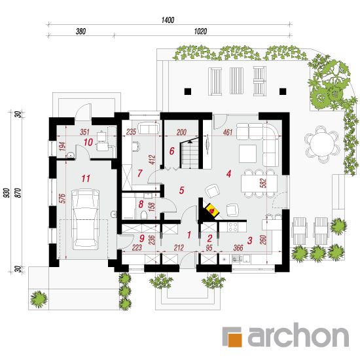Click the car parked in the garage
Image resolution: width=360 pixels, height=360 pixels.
(x=85, y=219)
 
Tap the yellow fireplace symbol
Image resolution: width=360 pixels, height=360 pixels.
(x=212, y=210)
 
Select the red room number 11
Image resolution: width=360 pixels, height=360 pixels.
(x=86, y=179)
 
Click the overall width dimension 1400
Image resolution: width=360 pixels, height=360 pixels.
(x=168, y=20)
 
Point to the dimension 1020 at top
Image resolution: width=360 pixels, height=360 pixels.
(x=200, y=31)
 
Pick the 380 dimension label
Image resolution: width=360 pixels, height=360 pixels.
(x=81, y=31)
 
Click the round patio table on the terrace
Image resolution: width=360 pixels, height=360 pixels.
(x=321, y=144)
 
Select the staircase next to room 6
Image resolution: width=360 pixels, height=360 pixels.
(x=189, y=153)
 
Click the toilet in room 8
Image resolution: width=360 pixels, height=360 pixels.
(x=144, y=215)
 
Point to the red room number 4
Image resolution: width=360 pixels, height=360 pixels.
(x=228, y=174)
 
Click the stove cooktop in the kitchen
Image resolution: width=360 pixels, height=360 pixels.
(x=233, y=226)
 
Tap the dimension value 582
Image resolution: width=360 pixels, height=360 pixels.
(x=263, y=183)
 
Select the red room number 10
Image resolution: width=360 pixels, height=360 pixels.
(x=88, y=142)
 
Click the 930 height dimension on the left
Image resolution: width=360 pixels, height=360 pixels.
(x=7, y=193)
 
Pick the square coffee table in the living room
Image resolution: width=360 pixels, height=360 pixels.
(x=247, y=154)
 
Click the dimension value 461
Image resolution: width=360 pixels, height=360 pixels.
(x=228, y=132)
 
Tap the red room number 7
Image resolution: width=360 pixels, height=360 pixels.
(x=140, y=173)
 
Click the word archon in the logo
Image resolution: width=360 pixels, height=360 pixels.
(x=298, y=335)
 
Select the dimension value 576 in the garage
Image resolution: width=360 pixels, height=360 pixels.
(x=62, y=198)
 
